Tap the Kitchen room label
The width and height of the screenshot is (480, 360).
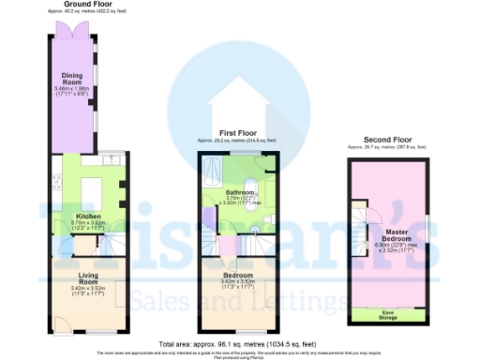pos(87,215)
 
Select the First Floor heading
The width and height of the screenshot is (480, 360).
pos(237,134)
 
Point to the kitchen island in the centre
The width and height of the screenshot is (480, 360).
pos(90,193)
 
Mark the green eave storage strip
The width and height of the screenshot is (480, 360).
pos(386,313)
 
